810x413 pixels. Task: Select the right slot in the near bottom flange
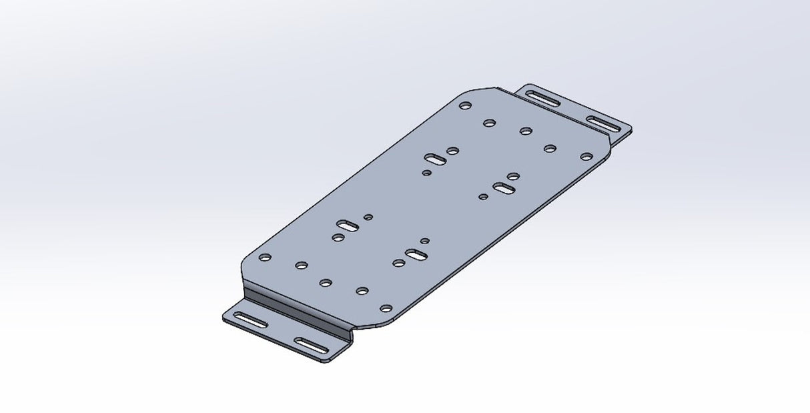pyautogui.click(x=311, y=345)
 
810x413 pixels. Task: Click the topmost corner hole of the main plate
pyautogui.click(x=466, y=105)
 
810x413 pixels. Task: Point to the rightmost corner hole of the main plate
pyautogui.click(x=586, y=157)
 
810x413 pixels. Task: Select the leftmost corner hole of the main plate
pyautogui.click(x=265, y=257)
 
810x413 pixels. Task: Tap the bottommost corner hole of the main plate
pyautogui.click(x=386, y=308)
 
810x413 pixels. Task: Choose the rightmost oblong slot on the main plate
pyautogui.click(x=503, y=189)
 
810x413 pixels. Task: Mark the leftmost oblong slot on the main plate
pyautogui.click(x=348, y=225)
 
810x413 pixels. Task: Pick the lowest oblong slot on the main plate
pyautogui.click(x=416, y=254)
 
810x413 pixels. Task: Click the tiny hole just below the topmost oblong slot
pyautogui.click(x=427, y=173)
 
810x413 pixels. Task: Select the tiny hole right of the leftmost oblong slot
pyautogui.click(x=367, y=217)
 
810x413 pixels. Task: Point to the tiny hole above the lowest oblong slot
pyautogui.click(x=424, y=240)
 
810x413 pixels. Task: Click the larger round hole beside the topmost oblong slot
pyautogui.click(x=453, y=151)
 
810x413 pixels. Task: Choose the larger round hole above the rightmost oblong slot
pyautogui.click(x=513, y=176)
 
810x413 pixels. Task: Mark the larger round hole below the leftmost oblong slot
pyautogui.click(x=338, y=236)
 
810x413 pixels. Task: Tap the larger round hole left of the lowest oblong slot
pyautogui.click(x=398, y=262)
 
